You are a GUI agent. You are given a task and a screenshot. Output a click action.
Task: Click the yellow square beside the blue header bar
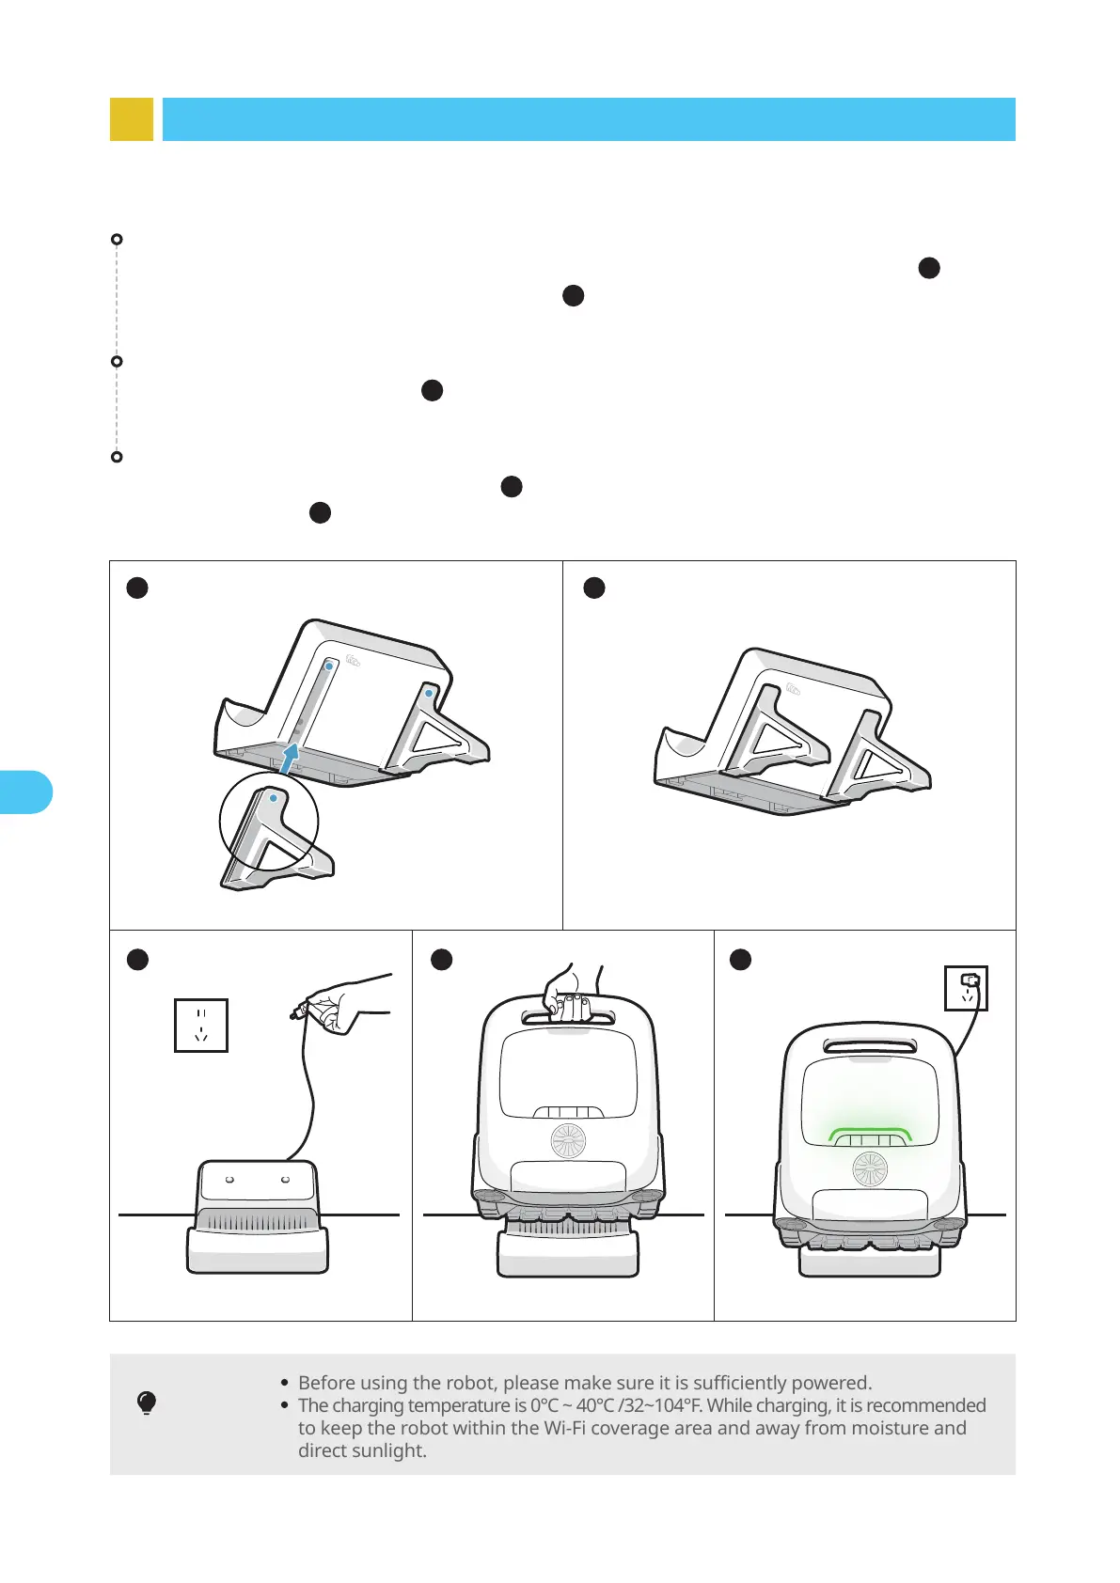132,118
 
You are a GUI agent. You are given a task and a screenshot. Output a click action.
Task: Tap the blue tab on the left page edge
25,792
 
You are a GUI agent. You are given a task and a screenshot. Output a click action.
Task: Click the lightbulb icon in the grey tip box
147,1403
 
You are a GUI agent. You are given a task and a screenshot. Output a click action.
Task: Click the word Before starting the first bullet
326,1382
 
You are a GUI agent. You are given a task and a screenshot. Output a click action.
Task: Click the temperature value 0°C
544,1405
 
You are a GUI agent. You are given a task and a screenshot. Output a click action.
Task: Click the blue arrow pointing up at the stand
289,758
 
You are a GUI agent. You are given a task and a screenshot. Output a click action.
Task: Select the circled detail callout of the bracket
269,822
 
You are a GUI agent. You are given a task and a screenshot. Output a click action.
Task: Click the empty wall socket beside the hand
201,1026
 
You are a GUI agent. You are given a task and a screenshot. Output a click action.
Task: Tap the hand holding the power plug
339,1003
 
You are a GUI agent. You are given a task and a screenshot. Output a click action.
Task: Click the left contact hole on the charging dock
229,1180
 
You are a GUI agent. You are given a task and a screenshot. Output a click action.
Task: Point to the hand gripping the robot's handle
571,993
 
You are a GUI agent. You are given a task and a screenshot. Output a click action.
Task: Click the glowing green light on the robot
869,1135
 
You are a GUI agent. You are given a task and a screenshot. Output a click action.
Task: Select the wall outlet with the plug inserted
966,988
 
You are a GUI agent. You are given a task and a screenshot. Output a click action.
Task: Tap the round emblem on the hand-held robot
569,1140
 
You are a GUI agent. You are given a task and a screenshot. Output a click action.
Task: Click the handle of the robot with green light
871,1045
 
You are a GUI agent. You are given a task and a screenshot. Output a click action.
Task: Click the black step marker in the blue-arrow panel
137,588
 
